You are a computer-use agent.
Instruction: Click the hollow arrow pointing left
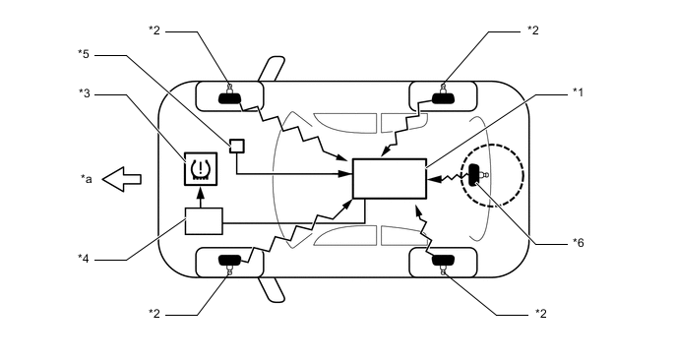(x=123, y=179)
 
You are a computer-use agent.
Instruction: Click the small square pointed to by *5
(x=236, y=146)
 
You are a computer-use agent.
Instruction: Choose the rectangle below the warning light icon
(x=204, y=221)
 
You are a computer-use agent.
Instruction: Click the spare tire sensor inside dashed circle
(x=476, y=175)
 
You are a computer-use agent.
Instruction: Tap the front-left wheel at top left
(x=230, y=96)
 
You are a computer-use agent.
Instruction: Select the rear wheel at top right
(x=444, y=96)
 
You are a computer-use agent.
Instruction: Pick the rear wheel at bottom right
(x=444, y=262)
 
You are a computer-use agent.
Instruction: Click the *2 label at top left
(x=154, y=30)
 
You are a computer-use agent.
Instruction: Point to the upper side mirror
(x=267, y=69)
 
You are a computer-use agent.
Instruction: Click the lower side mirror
(x=267, y=289)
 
